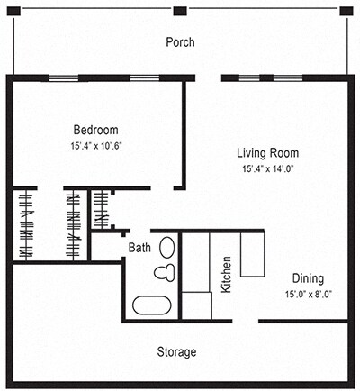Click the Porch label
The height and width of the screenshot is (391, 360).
[180, 42]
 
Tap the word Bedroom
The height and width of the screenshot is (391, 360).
[94, 130]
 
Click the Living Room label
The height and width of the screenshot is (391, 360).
[268, 152]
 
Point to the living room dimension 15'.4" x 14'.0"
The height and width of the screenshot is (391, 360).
[268, 168]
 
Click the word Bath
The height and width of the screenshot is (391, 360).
[139, 247]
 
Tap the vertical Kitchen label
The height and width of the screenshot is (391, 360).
[227, 276]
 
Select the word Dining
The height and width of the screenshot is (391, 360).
[308, 278]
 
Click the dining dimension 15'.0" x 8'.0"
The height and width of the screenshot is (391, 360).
[308, 295]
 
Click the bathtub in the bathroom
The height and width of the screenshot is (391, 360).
[152, 305]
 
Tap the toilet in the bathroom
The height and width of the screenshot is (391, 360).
[164, 272]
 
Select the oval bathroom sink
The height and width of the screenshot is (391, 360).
[167, 247]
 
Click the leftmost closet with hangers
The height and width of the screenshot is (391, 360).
[25, 224]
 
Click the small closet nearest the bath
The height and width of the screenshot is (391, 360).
[102, 209]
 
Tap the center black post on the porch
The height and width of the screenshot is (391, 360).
[180, 11]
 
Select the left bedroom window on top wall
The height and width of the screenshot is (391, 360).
[63, 77]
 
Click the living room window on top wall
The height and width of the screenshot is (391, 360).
[251, 77]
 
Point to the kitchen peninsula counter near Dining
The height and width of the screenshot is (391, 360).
[252, 254]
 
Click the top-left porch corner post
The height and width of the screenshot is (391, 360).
[13, 11]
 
